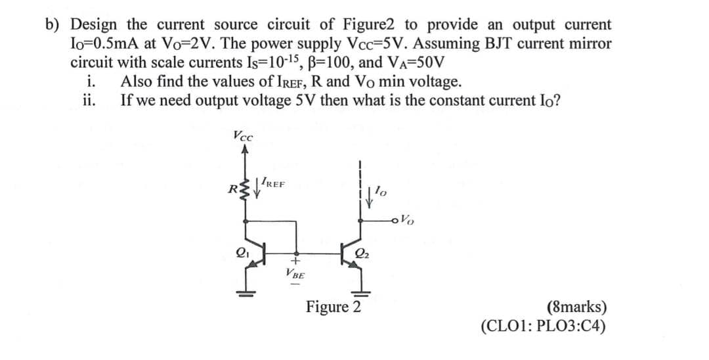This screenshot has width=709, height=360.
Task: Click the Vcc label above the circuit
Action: tap(242, 137)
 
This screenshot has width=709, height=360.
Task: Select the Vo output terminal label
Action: tap(408, 219)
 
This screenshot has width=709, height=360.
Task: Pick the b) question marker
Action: tap(54, 25)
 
